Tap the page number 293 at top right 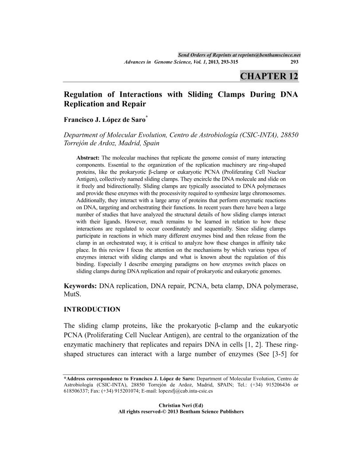click(294, 62)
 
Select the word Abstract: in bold click(89, 158)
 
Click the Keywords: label click(80, 286)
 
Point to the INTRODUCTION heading click(92, 309)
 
